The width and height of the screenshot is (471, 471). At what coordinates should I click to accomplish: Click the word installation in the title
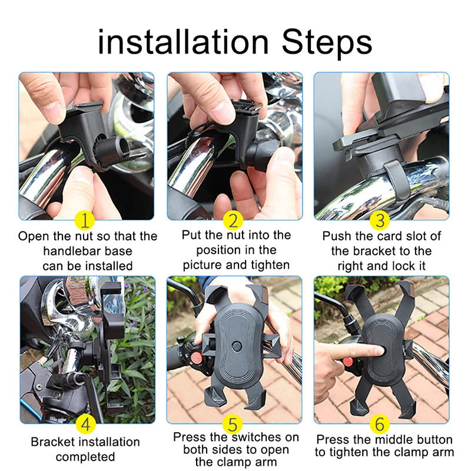click(x=183, y=42)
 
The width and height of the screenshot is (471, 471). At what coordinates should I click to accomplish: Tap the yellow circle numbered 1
click(x=86, y=221)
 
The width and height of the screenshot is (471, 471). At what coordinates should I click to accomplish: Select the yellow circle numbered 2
click(x=234, y=221)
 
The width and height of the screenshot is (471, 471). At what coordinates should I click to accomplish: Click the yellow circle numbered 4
click(x=86, y=423)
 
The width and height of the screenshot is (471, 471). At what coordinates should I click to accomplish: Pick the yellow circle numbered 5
click(x=234, y=423)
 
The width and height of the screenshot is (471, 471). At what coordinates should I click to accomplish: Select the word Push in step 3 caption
click(x=336, y=236)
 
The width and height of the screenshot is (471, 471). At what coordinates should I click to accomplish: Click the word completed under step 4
click(x=85, y=457)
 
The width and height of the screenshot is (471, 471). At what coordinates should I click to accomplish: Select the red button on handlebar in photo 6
click(x=349, y=360)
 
